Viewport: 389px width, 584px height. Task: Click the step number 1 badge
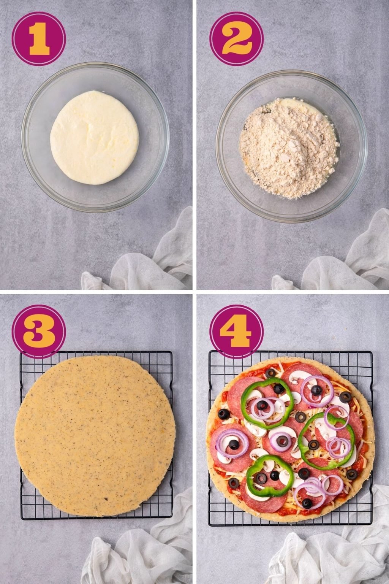click(39, 38)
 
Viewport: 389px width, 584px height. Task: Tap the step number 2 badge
click(236, 38)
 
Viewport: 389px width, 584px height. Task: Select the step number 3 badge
click(39, 331)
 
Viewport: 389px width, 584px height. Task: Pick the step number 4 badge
click(236, 331)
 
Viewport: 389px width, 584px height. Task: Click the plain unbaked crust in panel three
click(95, 435)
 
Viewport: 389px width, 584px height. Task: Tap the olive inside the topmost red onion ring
click(316, 390)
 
